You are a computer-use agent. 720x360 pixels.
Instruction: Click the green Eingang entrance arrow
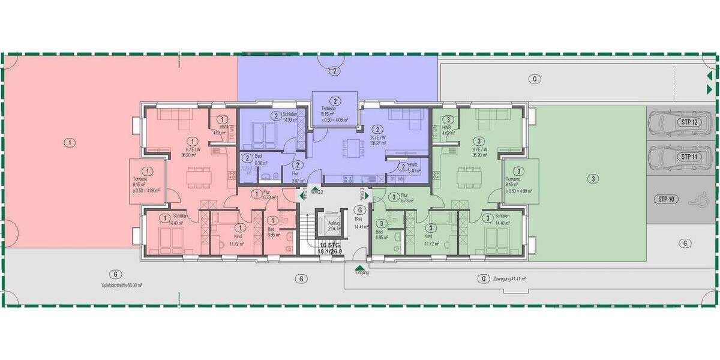coord(359,270)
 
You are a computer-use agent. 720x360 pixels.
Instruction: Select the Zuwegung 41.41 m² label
coord(509,279)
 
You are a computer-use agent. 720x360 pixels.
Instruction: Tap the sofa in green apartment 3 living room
coord(493,116)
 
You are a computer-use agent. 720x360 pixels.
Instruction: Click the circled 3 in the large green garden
coord(592,178)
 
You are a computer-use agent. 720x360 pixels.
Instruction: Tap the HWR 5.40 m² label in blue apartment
coord(413,168)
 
